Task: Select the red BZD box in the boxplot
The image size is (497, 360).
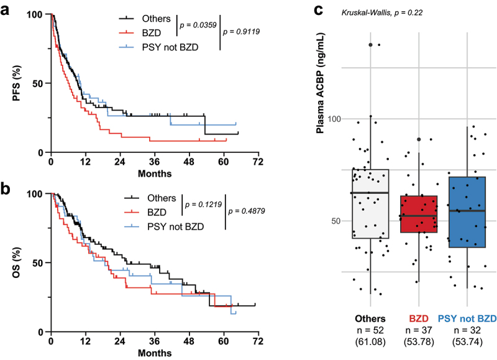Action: tap(419, 214)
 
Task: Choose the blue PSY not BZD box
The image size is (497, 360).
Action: tap(467, 212)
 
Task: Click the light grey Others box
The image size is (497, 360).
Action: tap(370, 204)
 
